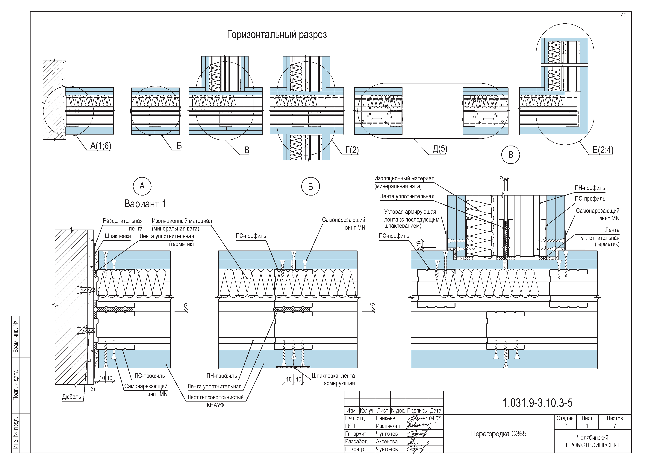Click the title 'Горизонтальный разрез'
[277, 35]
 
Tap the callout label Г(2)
[352, 150]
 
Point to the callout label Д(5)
[440, 149]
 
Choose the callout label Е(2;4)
[603, 150]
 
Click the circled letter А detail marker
[142, 186]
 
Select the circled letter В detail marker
[511, 155]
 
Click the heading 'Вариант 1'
[145, 204]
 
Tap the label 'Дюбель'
[72, 397]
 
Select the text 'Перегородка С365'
[499, 434]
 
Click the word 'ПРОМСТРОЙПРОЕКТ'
[593, 445]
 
